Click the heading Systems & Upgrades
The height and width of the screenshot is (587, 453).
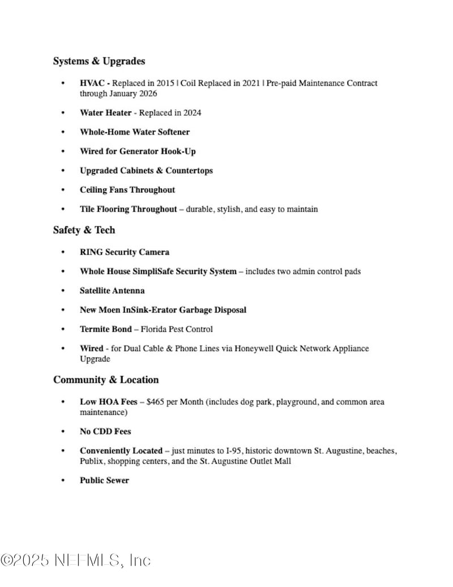tap(99, 61)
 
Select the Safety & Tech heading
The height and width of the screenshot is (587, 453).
tap(84, 230)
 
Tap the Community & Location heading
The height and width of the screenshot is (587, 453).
tap(106, 380)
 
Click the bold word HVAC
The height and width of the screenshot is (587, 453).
tap(92, 83)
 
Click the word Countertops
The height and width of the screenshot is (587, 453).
tap(189, 171)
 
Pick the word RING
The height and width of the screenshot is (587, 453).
tap(91, 252)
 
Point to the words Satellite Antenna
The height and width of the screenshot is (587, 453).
tap(112, 291)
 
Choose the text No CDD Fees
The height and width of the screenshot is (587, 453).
tap(105, 432)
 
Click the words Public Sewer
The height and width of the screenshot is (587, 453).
tap(104, 480)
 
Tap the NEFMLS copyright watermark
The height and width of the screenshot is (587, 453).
tap(76, 561)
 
